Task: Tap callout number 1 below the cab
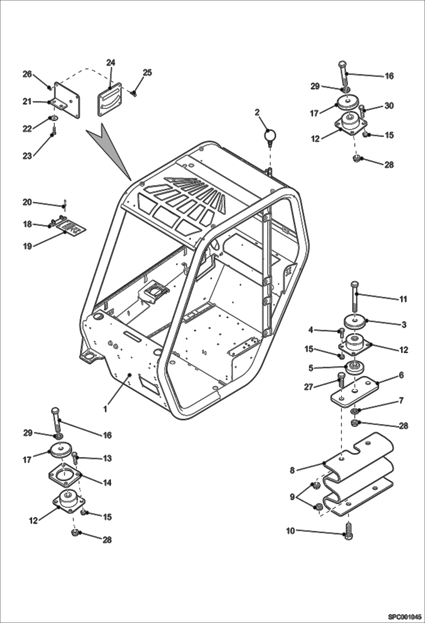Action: point(105,409)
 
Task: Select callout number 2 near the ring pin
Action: point(257,112)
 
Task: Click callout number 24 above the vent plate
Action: point(111,63)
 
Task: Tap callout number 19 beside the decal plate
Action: point(27,246)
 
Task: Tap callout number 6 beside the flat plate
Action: point(401,375)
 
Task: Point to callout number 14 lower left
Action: point(107,482)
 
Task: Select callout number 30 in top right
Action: point(389,106)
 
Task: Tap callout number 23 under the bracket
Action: point(27,156)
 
